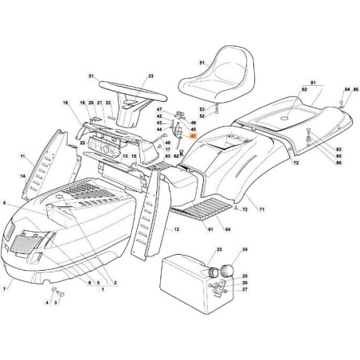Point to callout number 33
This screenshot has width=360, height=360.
[x=150, y=76]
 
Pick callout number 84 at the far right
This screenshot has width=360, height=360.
[x=346, y=89]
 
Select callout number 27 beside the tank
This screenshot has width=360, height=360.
[x=244, y=290]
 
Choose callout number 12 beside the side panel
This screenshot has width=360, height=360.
[x=176, y=229]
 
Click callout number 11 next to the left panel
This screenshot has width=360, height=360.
[x=23, y=156]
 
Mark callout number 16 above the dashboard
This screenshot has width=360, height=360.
[x=66, y=103]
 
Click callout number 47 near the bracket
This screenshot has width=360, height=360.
[x=159, y=108]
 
